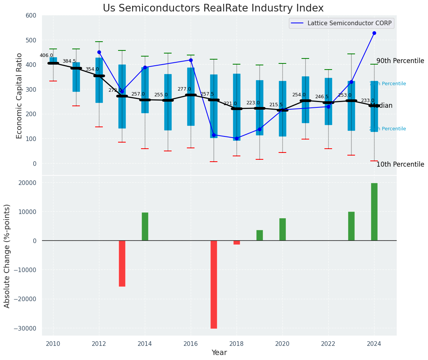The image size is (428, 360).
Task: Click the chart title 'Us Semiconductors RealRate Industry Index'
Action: [213, 8]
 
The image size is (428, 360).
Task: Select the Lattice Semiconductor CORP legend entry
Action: [341, 23]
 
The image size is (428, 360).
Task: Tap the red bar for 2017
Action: [214, 284]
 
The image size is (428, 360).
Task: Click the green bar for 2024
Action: [374, 212]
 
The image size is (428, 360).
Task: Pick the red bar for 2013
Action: [122, 263]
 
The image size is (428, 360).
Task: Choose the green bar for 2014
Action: [145, 227]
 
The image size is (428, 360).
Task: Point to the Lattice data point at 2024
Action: [374, 33]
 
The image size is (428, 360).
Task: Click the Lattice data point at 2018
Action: [237, 138]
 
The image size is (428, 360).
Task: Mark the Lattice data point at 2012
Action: [99, 52]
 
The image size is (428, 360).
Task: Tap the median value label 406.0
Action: [46, 55]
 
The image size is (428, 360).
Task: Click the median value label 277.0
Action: [184, 89]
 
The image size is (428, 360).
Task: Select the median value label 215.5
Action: [276, 105]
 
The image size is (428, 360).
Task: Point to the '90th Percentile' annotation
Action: [400, 61]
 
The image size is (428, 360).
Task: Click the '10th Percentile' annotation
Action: [400, 165]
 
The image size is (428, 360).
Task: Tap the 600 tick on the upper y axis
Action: [31, 16]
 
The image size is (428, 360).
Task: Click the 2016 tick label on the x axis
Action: [191, 344]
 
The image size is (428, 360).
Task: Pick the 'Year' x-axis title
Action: [219, 353]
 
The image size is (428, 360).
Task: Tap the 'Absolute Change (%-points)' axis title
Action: [7, 256]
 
